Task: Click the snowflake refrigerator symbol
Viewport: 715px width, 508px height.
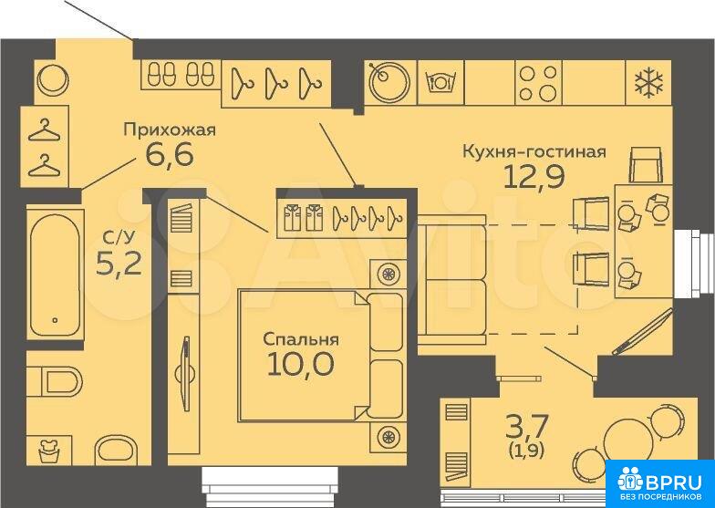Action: [x=649, y=82]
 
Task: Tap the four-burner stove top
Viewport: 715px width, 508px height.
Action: [x=538, y=82]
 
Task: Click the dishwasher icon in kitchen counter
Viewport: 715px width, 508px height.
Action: [x=440, y=82]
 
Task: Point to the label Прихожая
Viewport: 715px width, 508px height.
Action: [x=170, y=130]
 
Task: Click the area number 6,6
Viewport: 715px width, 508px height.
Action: [x=170, y=155]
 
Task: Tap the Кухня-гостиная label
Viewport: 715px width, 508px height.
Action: [x=534, y=151]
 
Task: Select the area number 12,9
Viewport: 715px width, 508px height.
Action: [x=534, y=177]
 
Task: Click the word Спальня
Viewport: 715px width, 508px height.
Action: [x=301, y=339]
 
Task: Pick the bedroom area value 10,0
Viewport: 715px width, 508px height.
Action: [x=301, y=365]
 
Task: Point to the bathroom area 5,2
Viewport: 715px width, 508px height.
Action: [x=119, y=263]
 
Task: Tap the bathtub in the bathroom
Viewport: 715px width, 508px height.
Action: [x=55, y=275]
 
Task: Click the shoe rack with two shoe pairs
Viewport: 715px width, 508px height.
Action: [x=181, y=74]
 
